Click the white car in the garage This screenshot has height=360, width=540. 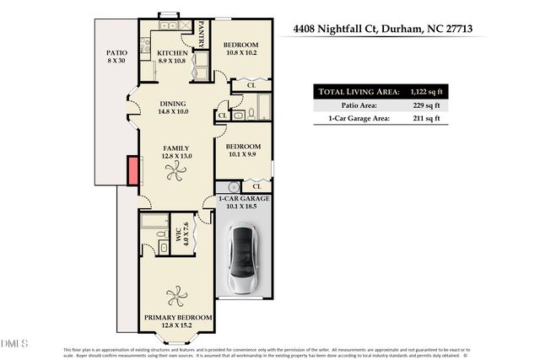[x=245, y=260]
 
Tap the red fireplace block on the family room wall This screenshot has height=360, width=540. [x=132, y=171]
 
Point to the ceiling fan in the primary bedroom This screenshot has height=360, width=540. [x=176, y=298]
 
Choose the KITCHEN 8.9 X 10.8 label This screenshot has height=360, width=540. [x=172, y=57]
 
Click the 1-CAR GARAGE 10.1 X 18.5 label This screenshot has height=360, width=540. [x=244, y=201]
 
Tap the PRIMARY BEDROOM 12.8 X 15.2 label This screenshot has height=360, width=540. [x=176, y=321]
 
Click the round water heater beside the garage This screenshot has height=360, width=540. [x=224, y=187]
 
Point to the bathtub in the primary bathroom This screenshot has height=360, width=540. [x=156, y=223]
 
